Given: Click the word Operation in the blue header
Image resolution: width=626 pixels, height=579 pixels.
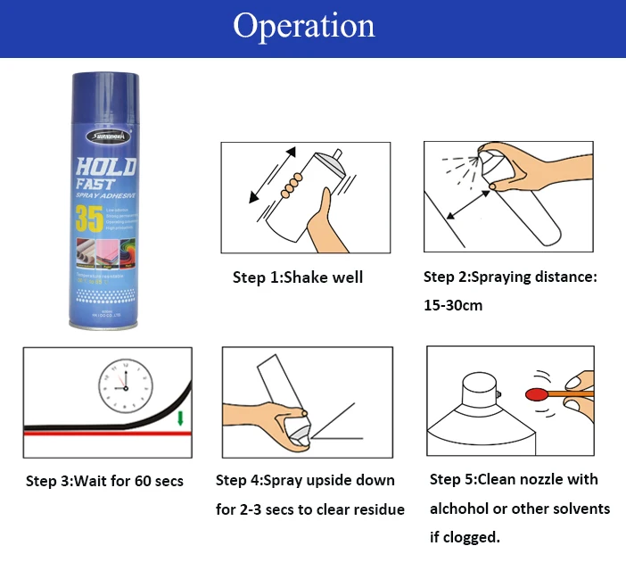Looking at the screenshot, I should [x=304, y=26].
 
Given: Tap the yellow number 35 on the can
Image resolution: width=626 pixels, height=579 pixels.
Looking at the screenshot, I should [x=90, y=218].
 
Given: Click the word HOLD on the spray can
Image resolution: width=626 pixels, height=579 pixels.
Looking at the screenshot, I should [x=105, y=167].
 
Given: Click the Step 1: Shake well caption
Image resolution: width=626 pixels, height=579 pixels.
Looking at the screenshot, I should [x=297, y=277].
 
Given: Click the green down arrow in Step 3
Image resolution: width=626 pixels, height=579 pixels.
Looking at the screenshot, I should [x=180, y=418].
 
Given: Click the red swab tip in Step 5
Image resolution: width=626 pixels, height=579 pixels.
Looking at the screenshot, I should [x=537, y=393].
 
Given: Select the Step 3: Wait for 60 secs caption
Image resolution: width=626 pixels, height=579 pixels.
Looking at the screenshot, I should [x=104, y=482].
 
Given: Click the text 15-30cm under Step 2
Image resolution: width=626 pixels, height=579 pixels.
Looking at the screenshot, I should [x=453, y=305].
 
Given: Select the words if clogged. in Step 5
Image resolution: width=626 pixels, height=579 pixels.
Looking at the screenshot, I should [x=465, y=538].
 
